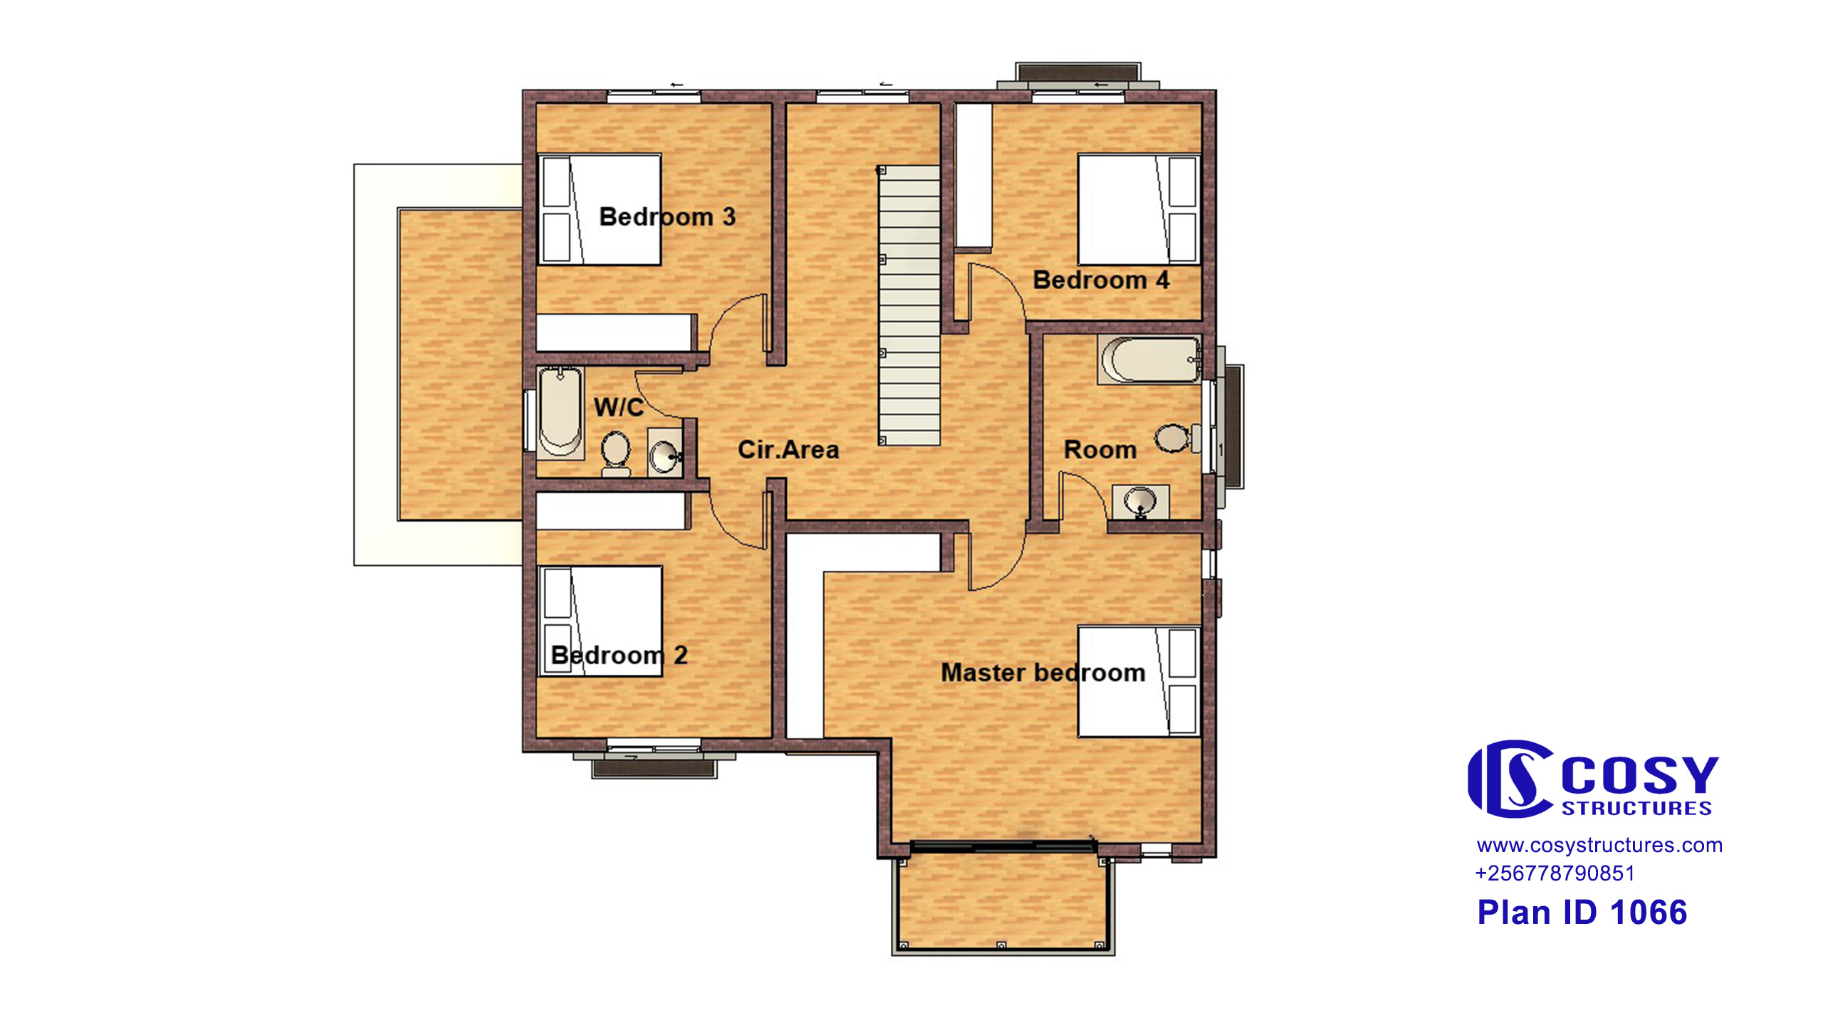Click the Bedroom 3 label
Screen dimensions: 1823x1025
click(x=667, y=216)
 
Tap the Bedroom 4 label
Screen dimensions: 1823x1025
click(x=1101, y=280)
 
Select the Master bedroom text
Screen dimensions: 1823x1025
click(x=1043, y=673)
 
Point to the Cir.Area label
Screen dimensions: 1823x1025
click(x=788, y=449)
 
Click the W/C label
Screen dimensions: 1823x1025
click(x=619, y=407)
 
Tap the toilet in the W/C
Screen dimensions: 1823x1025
click(x=616, y=453)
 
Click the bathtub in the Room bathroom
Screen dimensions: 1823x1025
click(x=1149, y=359)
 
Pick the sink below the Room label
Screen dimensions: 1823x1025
click(x=1140, y=502)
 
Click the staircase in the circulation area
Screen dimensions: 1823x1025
click(x=909, y=306)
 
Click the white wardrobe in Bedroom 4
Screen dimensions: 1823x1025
click(x=973, y=176)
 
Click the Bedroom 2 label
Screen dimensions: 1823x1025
click(x=619, y=655)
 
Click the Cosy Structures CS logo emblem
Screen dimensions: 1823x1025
click(x=1510, y=779)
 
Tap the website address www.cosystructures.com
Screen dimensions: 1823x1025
click(x=1599, y=845)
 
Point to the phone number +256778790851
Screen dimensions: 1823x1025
click(x=1555, y=873)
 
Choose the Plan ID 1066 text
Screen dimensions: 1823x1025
click(x=1582, y=913)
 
